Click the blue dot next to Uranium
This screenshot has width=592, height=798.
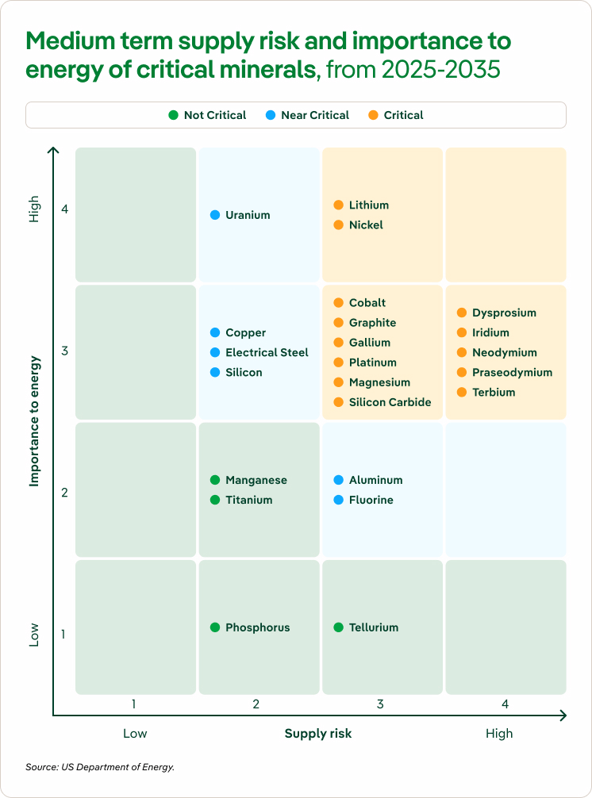[215, 215]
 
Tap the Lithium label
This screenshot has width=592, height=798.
[369, 205]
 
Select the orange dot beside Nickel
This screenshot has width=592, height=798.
[339, 225]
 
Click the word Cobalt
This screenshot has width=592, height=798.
[367, 303]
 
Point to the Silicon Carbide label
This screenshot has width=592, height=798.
[390, 402]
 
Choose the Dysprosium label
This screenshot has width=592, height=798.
[504, 313]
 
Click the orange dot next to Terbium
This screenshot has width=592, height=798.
[462, 393]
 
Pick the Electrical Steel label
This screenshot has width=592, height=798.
[267, 353]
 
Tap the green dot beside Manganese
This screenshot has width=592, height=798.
[215, 480]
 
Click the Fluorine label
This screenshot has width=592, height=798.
[371, 501]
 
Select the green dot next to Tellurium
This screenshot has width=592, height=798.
[339, 627]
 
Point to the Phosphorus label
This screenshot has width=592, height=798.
[257, 627]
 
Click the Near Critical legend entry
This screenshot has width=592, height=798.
[314, 115]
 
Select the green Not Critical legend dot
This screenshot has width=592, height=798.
[173, 115]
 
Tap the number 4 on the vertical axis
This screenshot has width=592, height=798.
[65, 209]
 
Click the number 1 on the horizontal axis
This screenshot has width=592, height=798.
[134, 704]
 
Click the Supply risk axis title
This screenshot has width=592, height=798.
[317, 734]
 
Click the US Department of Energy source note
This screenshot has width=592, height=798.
[100, 767]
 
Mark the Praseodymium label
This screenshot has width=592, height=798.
[512, 373]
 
